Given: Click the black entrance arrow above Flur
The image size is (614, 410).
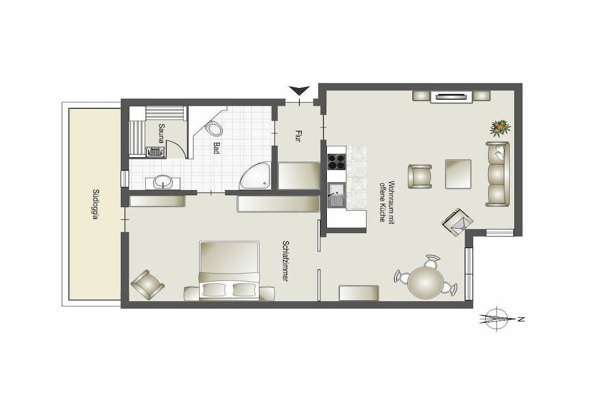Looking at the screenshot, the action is click(299, 91).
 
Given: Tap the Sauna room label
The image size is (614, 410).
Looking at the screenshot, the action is click(161, 133).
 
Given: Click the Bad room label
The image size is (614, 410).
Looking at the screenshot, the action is click(216, 148).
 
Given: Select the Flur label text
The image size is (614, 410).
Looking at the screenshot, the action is click(297, 136).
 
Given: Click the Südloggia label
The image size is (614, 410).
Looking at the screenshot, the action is click(95, 204).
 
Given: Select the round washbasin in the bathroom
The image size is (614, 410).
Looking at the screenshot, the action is click(162, 181).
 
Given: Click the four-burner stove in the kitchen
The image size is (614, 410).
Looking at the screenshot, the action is click(336, 161).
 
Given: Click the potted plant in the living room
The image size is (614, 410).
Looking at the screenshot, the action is click(501, 128).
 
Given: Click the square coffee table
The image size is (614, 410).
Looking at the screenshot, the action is click(458, 173).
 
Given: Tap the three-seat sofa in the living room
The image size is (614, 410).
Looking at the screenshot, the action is click(497, 174).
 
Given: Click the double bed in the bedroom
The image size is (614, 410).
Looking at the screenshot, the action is click(230, 271).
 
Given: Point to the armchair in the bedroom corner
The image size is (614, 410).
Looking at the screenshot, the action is click(148, 285).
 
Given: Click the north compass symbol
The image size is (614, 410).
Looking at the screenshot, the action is click(496, 318).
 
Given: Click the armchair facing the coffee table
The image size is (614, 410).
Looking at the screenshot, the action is click(420, 176).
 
